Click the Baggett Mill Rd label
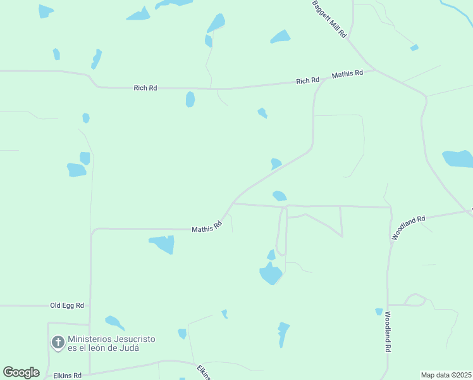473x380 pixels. (x=329, y=19)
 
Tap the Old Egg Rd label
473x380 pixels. (x=67, y=305)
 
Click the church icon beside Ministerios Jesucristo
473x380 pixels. (x=58, y=343)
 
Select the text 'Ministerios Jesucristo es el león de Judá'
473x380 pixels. (x=111, y=343)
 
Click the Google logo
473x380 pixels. (x=21, y=372)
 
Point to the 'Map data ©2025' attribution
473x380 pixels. (x=445, y=375)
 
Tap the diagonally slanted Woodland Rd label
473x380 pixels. (x=408, y=227)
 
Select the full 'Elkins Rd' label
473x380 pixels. (x=68, y=375)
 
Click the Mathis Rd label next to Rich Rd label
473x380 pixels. (x=347, y=73)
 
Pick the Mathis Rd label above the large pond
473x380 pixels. (x=207, y=227)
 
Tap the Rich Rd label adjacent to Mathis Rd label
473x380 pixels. (x=308, y=80)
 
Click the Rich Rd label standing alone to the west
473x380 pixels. (x=145, y=88)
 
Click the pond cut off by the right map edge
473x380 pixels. (x=458, y=158)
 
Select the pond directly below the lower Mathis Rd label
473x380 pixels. (x=162, y=243)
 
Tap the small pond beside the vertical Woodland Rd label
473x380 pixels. (x=379, y=312)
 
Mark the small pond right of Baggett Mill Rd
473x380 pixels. (x=414, y=47)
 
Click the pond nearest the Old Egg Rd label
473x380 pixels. (x=114, y=322)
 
